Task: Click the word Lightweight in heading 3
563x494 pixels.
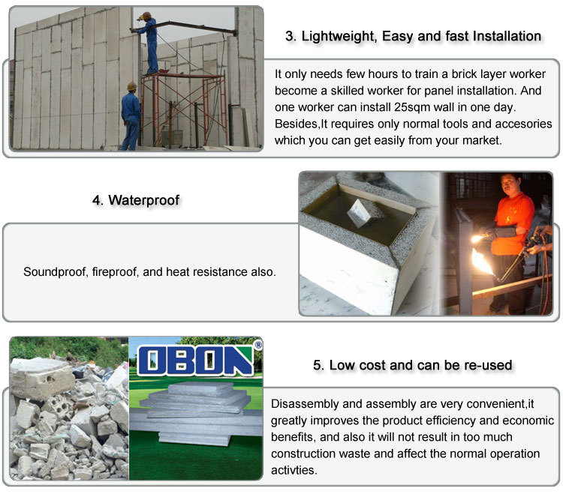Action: coord(339,37)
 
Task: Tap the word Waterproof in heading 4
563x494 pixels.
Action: coord(144,200)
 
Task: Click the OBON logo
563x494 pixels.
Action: coord(196,361)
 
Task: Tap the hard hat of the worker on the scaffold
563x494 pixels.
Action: coord(146,16)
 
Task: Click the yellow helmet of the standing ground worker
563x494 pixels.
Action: coord(132,86)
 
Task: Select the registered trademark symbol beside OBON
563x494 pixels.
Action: coord(257,346)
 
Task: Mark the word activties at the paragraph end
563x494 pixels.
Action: coord(294,470)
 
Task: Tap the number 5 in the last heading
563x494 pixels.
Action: coord(317,365)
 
